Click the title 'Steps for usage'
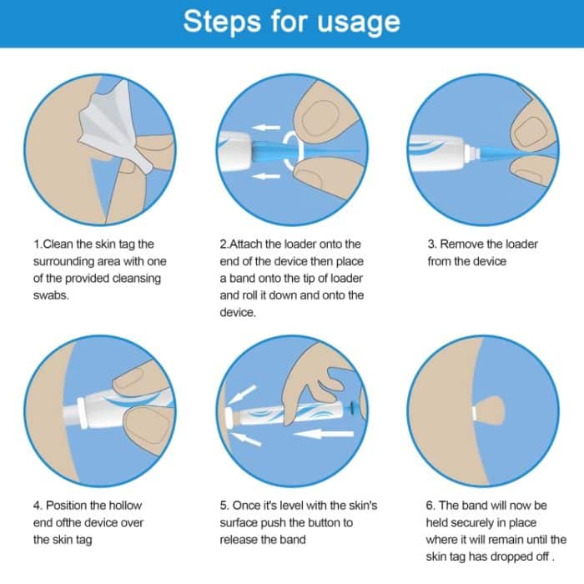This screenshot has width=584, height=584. (x=291, y=23)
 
